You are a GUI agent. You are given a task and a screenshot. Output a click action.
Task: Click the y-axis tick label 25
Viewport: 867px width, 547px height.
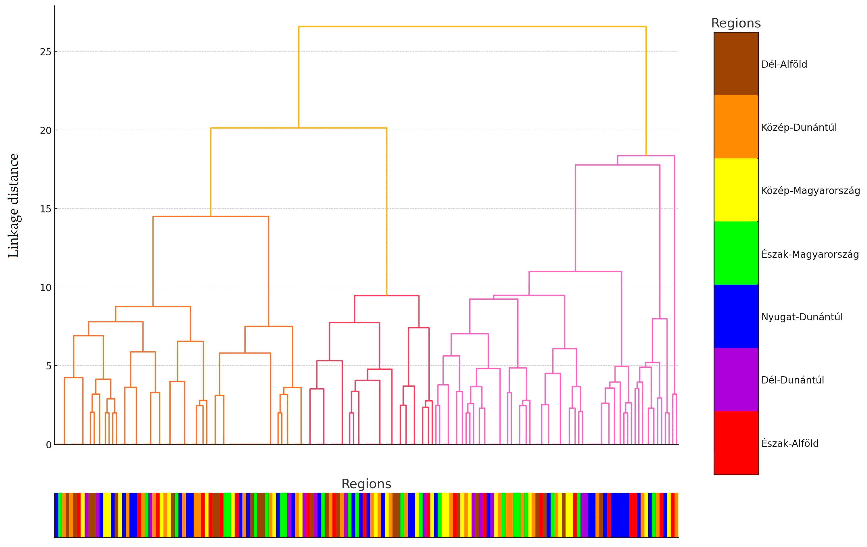point(46,52)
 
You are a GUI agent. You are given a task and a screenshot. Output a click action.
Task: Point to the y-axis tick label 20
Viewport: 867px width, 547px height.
point(46,130)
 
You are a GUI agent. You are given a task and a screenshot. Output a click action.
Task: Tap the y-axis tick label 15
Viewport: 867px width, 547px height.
point(46,209)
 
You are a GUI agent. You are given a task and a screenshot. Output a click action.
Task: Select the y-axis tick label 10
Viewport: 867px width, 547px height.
point(46,288)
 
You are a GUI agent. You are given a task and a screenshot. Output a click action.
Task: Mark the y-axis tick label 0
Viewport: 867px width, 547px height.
point(49,445)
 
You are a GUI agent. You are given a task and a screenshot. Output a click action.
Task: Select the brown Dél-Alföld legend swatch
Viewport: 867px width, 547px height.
point(736,64)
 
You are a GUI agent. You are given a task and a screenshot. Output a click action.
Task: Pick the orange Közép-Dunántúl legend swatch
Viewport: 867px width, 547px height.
point(736,127)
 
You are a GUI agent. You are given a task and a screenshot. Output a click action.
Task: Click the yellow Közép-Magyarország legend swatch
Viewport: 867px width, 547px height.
point(736,190)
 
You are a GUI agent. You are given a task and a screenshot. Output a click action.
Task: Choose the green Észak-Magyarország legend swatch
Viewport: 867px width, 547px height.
point(736,253)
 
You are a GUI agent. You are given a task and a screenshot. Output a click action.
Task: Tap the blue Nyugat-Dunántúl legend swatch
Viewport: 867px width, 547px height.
point(736,317)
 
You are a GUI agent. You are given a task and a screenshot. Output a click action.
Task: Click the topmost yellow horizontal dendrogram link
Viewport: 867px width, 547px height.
point(472,27)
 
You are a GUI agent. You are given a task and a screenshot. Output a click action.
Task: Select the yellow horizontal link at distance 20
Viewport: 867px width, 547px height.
point(298,128)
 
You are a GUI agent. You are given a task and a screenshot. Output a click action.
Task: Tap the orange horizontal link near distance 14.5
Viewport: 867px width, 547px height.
point(211,216)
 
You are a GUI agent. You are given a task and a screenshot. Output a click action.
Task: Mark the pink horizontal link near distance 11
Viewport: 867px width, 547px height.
point(575,272)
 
